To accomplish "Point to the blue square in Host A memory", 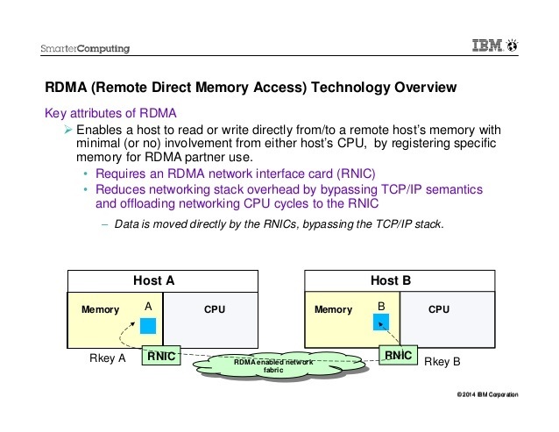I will point(148,325).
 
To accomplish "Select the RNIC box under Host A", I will point(162,357).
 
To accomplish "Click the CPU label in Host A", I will point(215,309).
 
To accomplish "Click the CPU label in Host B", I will point(439,309).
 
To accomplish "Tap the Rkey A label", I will point(109,359).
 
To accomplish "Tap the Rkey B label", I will point(442,361).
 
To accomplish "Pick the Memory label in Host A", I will point(100,310).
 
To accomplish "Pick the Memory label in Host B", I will point(333,309).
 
